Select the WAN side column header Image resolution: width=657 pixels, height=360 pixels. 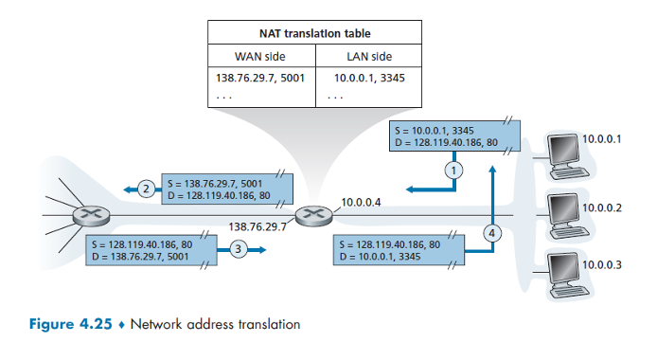point(259,57)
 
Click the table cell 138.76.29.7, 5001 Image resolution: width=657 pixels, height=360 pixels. point(261,78)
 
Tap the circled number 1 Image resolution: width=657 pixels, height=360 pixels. point(453,171)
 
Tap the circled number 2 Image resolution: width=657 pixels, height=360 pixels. point(146,189)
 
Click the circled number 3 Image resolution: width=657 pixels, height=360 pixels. point(239,250)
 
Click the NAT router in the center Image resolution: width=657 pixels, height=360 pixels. point(310,216)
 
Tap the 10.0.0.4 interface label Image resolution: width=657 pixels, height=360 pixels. point(359,201)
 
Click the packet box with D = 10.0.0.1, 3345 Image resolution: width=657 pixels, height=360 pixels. point(400,250)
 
